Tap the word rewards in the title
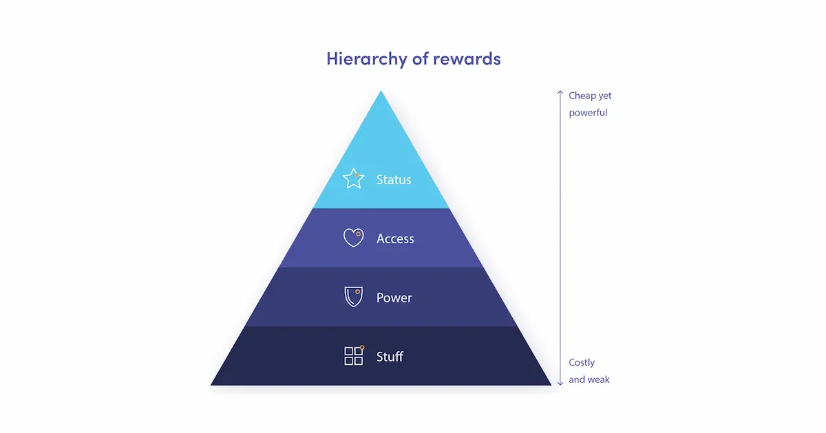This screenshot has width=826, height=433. click(x=467, y=58)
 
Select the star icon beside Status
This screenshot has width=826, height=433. click(x=353, y=179)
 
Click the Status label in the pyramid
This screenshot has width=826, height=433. click(x=394, y=180)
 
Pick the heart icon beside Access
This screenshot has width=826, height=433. click(x=353, y=238)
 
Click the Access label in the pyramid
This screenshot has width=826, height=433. click(x=395, y=239)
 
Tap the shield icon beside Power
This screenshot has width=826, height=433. click(x=353, y=297)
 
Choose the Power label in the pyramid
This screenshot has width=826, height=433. click(x=394, y=298)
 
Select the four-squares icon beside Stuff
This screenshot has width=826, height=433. click(x=353, y=356)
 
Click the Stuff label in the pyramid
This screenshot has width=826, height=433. click(x=390, y=357)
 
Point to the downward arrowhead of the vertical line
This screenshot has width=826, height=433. click(x=560, y=382)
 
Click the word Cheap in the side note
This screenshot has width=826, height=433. click(x=582, y=96)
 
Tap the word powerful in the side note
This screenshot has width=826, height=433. click(x=588, y=113)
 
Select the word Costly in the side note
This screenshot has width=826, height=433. click(x=582, y=362)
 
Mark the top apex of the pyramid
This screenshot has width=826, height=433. click(x=381, y=92)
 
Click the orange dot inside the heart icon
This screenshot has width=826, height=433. click(x=358, y=234)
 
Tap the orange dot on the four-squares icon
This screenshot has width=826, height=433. click(x=362, y=348)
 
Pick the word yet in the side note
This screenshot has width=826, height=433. click(x=604, y=96)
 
